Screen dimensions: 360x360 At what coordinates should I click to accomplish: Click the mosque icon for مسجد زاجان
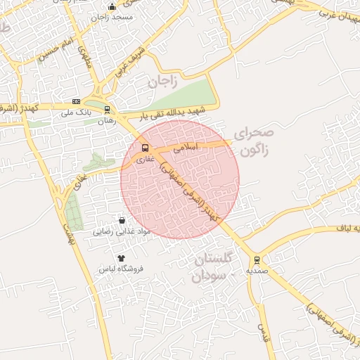click(x=112, y=7)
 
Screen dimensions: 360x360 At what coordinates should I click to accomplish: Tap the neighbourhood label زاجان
click(x=161, y=81)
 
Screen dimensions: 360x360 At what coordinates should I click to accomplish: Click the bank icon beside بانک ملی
click(x=77, y=102)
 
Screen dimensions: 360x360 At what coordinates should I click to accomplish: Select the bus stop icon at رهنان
click(x=107, y=109)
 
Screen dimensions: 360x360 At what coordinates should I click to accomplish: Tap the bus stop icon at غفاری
click(x=145, y=148)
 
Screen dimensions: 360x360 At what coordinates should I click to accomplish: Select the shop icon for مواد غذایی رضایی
click(x=122, y=220)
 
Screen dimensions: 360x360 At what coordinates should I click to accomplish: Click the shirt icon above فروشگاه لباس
click(x=121, y=258)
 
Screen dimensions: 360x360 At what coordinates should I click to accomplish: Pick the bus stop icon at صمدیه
click(x=257, y=259)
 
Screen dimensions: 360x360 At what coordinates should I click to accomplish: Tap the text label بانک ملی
click(x=77, y=112)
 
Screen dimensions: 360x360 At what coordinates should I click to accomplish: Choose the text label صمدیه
click(x=256, y=270)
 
